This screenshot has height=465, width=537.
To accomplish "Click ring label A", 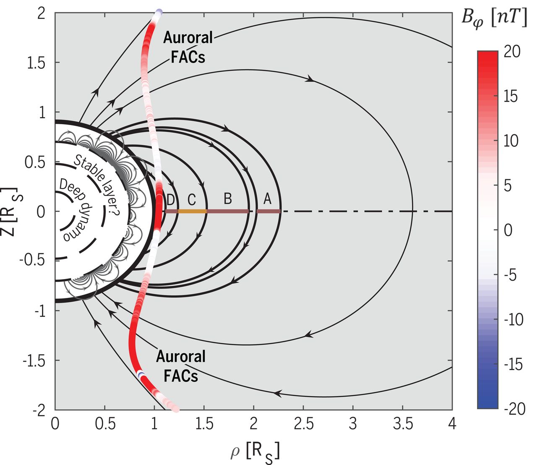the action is tap(267, 199).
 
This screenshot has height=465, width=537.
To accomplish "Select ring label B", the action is tap(227, 199).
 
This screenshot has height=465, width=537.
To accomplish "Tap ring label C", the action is tap(191, 200).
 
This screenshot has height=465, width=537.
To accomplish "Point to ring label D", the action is tap(170, 200).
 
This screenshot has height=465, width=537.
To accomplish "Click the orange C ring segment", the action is tap(193, 212).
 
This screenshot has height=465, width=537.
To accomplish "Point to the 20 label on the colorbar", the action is tap(512, 52).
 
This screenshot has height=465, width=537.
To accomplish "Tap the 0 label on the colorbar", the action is tap(508, 230).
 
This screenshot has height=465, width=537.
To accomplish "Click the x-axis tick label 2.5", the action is tap(304, 424).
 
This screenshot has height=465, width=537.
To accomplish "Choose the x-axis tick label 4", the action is tap(452, 424).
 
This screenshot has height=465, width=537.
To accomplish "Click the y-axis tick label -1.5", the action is tap(34, 361).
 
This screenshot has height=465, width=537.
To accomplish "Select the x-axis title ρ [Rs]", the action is tap(255, 452).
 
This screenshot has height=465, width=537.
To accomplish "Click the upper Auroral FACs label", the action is tap(188, 47).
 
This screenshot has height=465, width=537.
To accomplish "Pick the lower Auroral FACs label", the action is tap(181, 366).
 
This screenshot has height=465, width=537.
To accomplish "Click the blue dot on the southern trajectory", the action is tap(141, 374).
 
